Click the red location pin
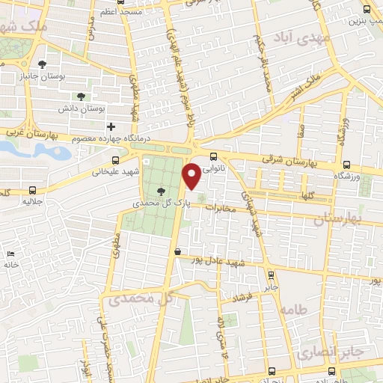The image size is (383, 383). tap(192, 177)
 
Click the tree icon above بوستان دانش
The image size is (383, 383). tap(81, 96)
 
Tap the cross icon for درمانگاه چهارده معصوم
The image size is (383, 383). tap(111, 126)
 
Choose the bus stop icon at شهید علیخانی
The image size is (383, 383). tap(115, 159)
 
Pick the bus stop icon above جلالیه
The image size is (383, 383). tap(30, 190)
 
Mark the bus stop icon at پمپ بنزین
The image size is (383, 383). tap(366, 10)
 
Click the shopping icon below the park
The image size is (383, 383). tap(177, 253)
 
